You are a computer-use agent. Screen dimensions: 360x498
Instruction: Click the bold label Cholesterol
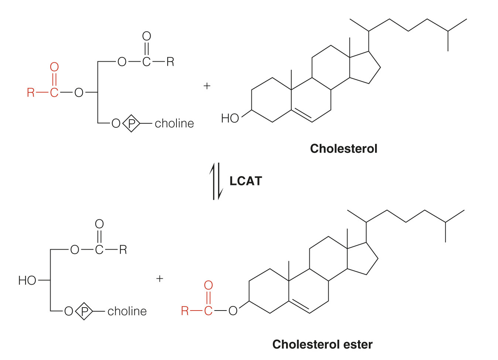[x=343, y=149]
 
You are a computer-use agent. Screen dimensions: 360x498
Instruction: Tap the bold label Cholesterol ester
[x=322, y=344]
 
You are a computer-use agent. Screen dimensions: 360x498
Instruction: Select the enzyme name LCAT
[x=245, y=181]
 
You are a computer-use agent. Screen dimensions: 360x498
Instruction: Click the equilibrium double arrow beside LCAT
[x=216, y=181]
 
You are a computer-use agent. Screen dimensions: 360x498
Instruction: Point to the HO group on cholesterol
[x=230, y=118]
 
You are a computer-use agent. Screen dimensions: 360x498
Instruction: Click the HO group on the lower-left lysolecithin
[x=27, y=280]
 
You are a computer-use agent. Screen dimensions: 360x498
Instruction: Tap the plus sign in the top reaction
[x=207, y=86]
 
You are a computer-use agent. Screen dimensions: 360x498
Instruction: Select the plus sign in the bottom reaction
[x=159, y=278]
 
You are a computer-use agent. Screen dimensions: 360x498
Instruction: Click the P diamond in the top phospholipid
[x=131, y=123]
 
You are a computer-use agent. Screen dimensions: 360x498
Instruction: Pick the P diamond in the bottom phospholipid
[x=84, y=311]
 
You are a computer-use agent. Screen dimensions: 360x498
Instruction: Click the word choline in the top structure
[x=174, y=123]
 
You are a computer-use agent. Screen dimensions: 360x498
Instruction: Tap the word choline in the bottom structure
[x=127, y=311]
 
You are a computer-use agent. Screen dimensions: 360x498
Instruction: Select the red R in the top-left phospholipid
[x=31, y=92]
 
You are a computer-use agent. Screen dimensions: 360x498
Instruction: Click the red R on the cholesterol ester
[x=185, y=311]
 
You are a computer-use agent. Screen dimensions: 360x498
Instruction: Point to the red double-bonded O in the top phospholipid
[x=54, y=67]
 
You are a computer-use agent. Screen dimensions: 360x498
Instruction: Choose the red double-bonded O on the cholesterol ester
[x=208, y=285]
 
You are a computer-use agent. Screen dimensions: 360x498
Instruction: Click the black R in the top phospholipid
[x=170, y=62]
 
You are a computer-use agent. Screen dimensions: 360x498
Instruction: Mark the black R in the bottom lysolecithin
[x=123, y=250]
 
